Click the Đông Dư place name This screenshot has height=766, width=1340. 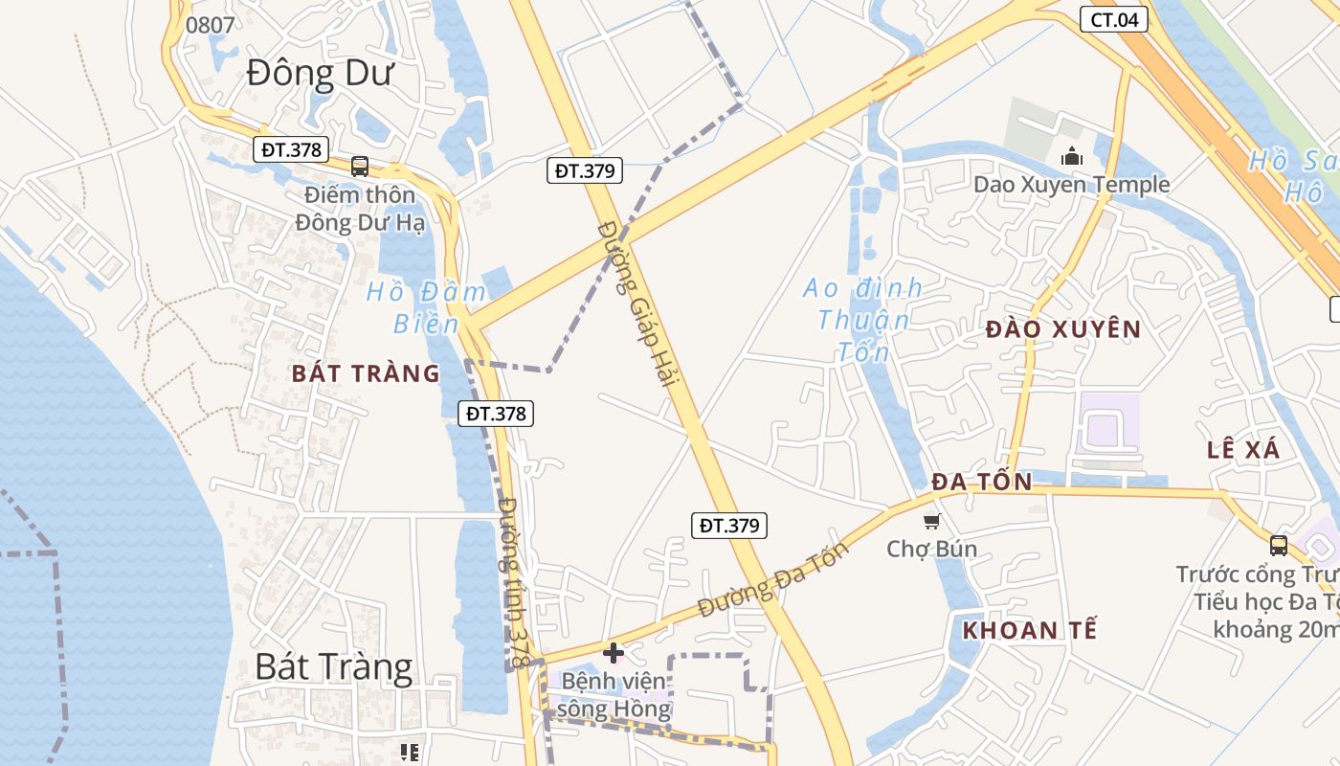pos(320,74)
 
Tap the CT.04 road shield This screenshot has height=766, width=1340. pos(1113,19)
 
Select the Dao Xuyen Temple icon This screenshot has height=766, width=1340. pos(1071,155)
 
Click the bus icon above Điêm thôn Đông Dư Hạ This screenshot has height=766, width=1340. pos(360,166)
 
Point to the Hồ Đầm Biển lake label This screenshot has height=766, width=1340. pos(413,307)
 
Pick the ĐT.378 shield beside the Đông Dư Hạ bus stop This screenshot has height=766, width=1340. pos(292,149)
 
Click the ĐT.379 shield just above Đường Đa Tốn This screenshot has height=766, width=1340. pos(729,525)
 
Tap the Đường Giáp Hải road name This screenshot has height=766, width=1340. pos(637,303)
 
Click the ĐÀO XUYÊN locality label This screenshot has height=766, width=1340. pos(1062,330)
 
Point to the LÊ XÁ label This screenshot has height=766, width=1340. pos(1242,449)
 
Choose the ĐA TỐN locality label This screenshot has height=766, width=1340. pos(982,482)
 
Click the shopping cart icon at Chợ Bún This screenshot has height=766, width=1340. pos(930,521)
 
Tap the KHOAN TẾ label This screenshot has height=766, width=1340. pos(1029,631)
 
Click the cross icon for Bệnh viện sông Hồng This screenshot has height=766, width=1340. pos(614,653)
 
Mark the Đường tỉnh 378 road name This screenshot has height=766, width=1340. pos(514,582)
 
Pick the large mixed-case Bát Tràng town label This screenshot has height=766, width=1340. pos(334,666)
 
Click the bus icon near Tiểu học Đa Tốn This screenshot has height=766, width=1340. pos(1278,546)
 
